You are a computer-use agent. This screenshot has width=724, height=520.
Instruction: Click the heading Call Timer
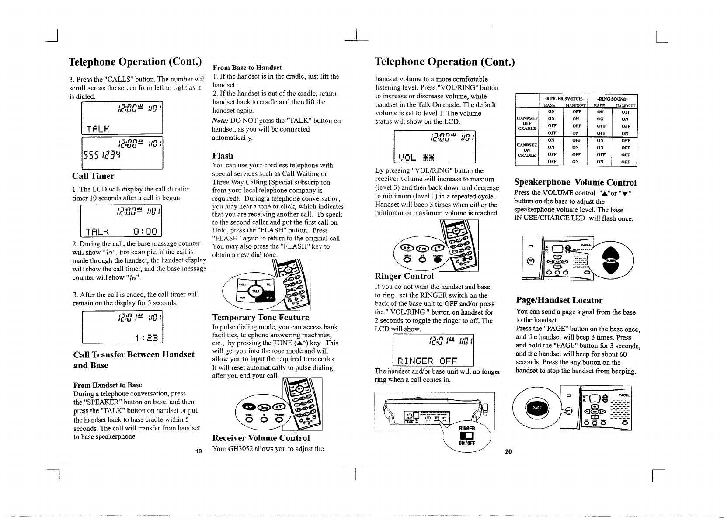[x=93, y=176]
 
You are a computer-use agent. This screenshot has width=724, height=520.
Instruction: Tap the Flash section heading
[x=223, y=156]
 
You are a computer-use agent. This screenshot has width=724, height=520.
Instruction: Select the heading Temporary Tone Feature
[x=260, y=317]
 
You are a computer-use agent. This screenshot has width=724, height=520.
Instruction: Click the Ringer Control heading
[x=404, y=276]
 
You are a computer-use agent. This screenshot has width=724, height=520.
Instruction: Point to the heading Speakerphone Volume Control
[x=575, y=182]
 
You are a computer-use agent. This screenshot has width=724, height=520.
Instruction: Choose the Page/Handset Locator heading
[x=559, y=300]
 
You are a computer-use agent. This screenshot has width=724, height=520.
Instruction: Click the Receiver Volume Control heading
[x=261, y=438]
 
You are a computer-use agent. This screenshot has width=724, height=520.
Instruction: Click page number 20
[x=508, y=451]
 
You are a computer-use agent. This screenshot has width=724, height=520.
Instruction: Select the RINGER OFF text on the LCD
[x=426, y=361]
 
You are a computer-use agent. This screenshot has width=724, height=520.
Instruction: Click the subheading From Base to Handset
[x=247, y=68]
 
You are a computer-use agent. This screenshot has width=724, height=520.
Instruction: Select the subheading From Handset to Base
[x=108, y=385]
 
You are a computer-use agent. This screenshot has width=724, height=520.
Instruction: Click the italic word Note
[x=219, y=121]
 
